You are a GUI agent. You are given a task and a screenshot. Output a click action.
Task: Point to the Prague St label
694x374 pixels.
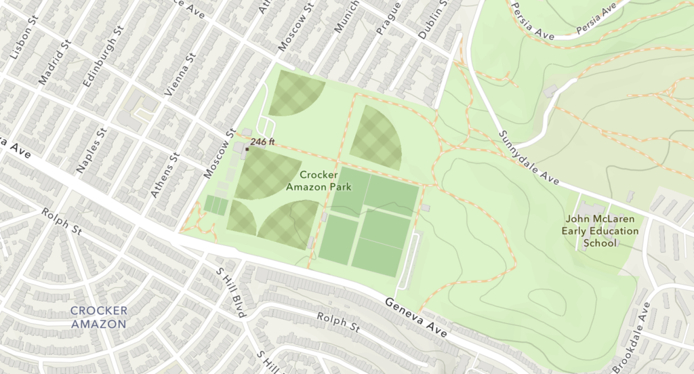tap(384, 30)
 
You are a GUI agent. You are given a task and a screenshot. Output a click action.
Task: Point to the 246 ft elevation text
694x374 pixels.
tap(262, 142)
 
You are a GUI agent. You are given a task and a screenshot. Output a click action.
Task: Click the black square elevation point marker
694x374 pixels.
tap(247, 149)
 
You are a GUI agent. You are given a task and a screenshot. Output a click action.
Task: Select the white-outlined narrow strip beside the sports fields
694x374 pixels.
tap(410, 261)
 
